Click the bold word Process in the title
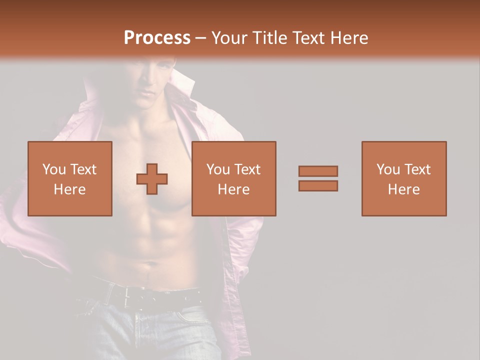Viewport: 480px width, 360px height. (157, 38)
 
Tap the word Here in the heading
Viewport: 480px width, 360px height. (349, 38)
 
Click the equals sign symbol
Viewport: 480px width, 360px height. (318, 178)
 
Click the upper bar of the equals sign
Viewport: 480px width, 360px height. (318, 171)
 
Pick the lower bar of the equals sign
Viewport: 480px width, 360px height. (318, 185)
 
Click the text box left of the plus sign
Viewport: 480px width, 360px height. (70, 178)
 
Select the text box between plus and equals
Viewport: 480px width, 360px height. (234, 178)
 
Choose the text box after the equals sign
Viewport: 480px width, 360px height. (404, 178)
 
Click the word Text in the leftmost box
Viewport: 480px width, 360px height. (83, 169)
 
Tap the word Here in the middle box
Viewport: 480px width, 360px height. (234, 189)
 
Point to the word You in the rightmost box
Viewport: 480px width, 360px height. (388, 169)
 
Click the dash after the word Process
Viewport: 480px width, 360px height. (201, 38)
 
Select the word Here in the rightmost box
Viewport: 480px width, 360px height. (404, 189)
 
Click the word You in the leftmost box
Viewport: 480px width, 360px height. (54, 169)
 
